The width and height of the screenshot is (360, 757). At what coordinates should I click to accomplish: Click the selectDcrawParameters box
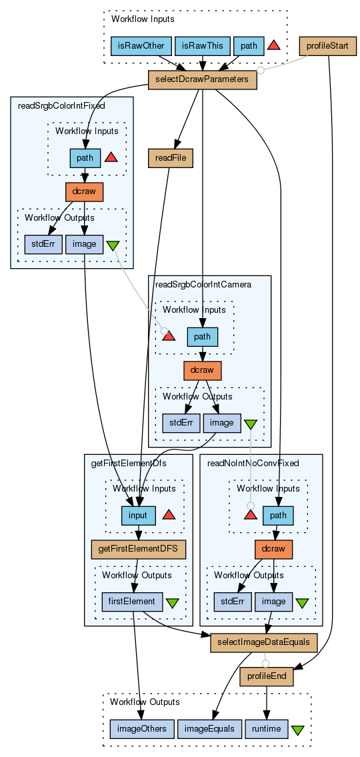(202, 79)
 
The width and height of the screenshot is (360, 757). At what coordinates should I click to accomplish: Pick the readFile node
(171, 158)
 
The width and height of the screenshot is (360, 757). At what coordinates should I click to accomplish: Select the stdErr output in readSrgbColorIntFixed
(43, 244)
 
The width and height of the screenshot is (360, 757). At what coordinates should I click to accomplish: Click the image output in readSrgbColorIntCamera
(222, 424)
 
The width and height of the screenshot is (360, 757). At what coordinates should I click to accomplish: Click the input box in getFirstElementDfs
(138, 515)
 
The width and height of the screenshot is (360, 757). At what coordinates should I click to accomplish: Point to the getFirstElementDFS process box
(139, 550)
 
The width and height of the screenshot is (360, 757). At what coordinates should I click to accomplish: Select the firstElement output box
(132, 602)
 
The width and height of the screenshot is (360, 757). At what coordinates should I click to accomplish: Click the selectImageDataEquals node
(264, 643)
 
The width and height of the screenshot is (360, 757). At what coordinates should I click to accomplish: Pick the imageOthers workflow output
(142, 729)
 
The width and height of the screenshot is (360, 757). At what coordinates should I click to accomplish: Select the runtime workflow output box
(267, 729)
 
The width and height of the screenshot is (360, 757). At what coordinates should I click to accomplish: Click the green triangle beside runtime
(298, 730)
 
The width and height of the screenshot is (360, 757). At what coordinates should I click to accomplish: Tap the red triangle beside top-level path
(273, 45)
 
